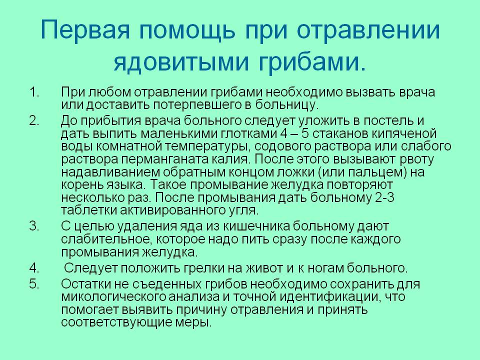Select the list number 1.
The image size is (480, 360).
[x=33, y=93]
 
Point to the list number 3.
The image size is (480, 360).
[x=33, y=226]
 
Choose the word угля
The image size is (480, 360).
[x=192, y=209]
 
